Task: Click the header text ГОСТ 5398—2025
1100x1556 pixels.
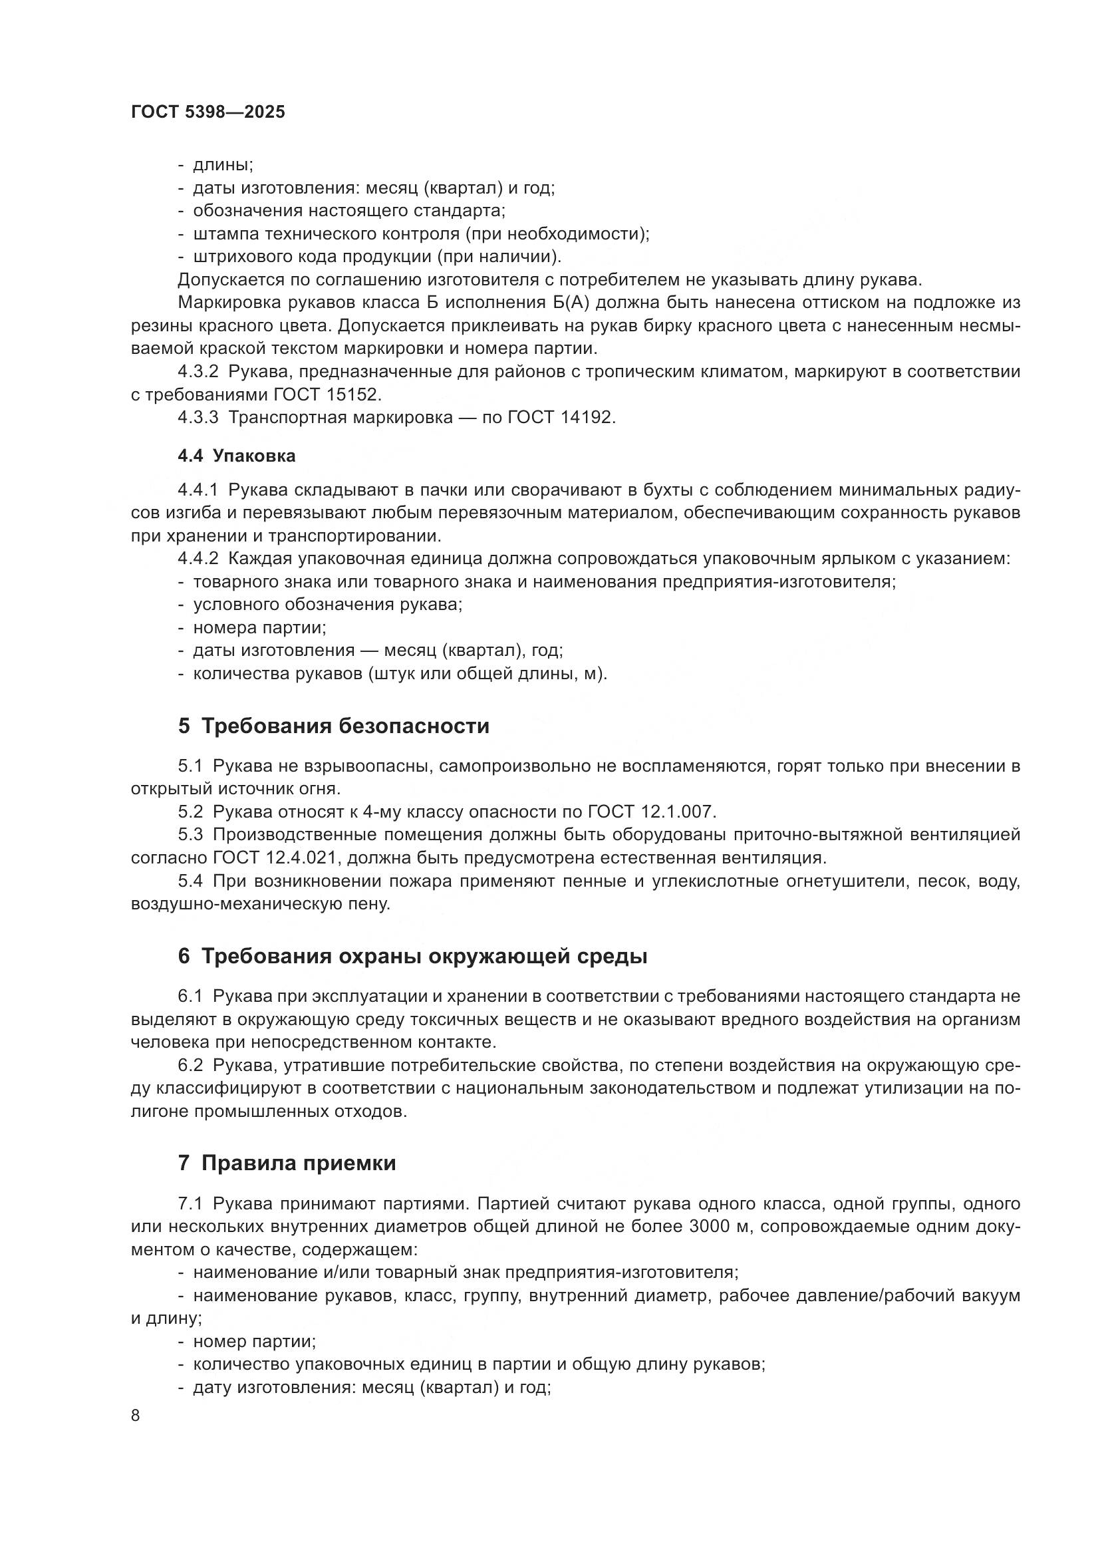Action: [208, 112]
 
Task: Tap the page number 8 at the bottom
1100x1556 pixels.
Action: [136, 1416]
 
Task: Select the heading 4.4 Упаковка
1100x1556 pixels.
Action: [236, 456]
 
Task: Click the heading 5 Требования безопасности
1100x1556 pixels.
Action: [333, 726]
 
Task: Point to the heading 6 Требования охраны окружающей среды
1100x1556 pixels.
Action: [412, 957]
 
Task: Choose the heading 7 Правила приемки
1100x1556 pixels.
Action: [287, 1164]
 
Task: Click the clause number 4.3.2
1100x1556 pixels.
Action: [198, 371]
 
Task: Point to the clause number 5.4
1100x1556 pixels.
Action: [190, 881]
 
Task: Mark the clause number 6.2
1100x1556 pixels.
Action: [190, 1065]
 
